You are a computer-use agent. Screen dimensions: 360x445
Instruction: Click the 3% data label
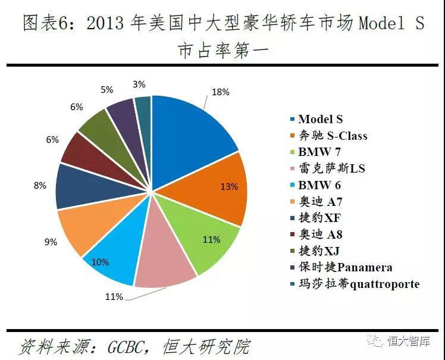tap(139, 84)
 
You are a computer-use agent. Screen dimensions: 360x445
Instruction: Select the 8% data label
tap(40, 186)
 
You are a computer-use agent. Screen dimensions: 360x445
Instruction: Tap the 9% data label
tap(50, 242)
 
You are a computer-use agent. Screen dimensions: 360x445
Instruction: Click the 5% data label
tap(107, 90)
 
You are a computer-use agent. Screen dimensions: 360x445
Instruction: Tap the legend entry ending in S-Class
tap(333, 136)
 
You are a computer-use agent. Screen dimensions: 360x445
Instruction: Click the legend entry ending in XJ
tap(319, 251)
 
